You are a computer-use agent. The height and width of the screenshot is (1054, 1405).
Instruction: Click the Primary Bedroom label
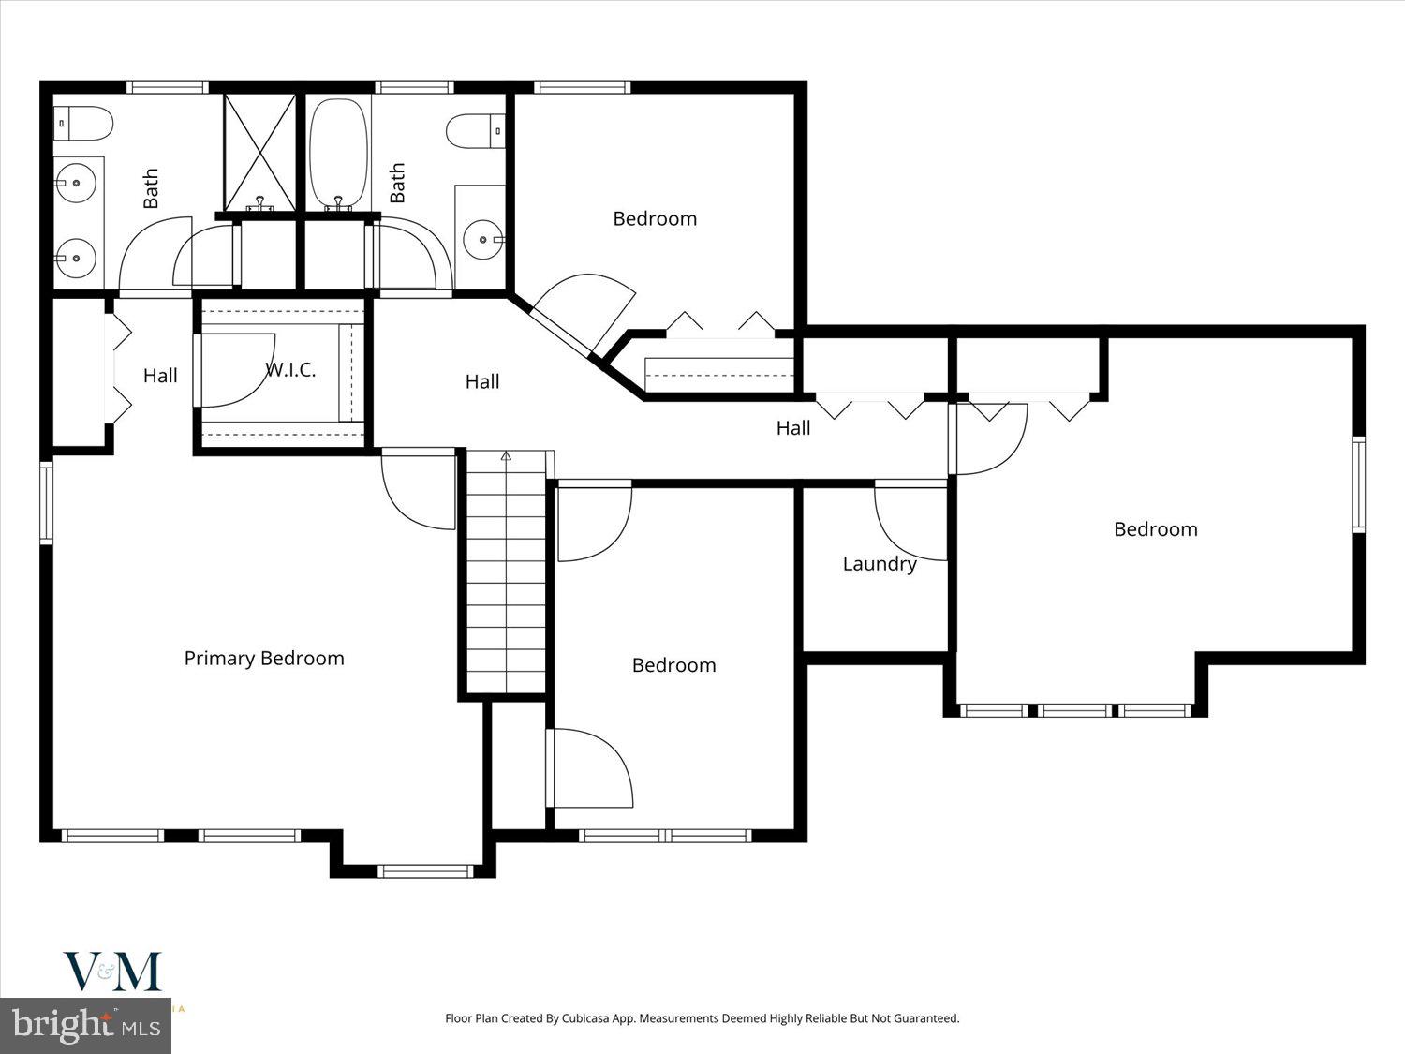(x=264, y=659)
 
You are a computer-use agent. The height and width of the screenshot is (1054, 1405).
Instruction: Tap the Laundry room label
(x=879, y=564)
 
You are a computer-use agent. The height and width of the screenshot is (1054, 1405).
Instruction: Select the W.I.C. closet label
(x=290, y=370)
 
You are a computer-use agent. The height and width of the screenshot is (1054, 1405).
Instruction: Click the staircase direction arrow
(x=506, y=457)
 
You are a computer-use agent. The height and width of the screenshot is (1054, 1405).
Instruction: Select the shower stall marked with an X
(x=259, y=152)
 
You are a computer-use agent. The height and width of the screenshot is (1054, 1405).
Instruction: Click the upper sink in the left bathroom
(x=76, y=183)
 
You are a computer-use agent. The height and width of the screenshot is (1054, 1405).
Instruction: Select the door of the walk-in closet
(x=236, y=370)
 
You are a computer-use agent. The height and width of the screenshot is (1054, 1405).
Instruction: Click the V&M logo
(x=112, y=972)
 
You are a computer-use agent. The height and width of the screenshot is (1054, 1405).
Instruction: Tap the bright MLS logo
(x=86, y=1025)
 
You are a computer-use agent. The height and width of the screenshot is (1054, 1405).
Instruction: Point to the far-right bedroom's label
(x=1155, y=529)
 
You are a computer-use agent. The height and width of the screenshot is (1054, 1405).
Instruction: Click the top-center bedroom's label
(x=655, y=219)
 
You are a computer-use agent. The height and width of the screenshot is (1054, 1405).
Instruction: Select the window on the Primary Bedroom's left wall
(x=46, y=502)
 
